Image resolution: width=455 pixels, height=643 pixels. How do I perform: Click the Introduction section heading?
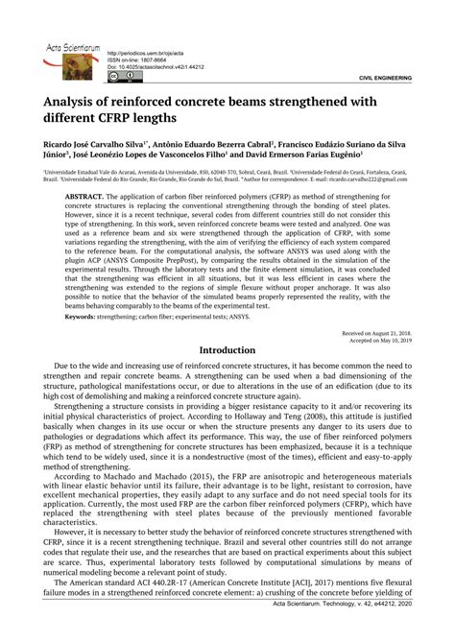click(227, 351)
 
